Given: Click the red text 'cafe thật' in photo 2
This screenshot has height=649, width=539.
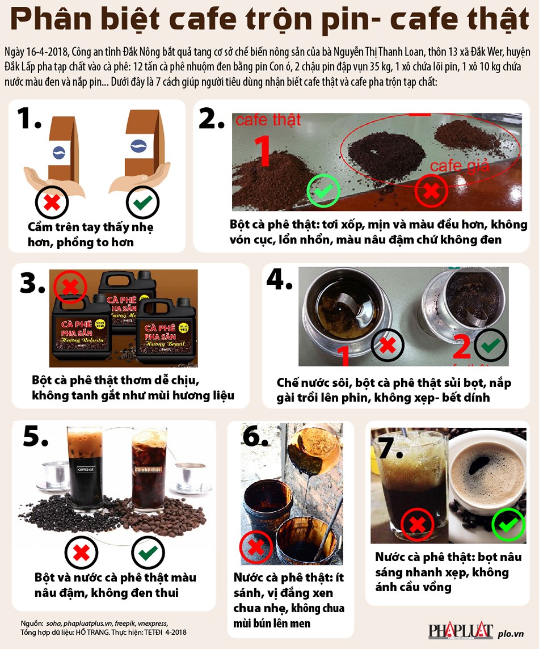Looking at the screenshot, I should point(268,120).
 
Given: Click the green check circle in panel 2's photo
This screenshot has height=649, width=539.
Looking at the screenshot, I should point(323,191).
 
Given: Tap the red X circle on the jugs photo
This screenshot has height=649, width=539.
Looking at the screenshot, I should point(70,287).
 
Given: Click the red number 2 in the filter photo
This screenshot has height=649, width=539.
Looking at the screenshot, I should point(461,347).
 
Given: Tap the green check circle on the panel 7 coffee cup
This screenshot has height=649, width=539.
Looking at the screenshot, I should point(508,524).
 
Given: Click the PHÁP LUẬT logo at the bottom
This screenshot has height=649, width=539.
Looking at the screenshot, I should point(460,630).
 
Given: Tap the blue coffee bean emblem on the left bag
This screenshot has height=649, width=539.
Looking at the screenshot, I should point(58,151).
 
